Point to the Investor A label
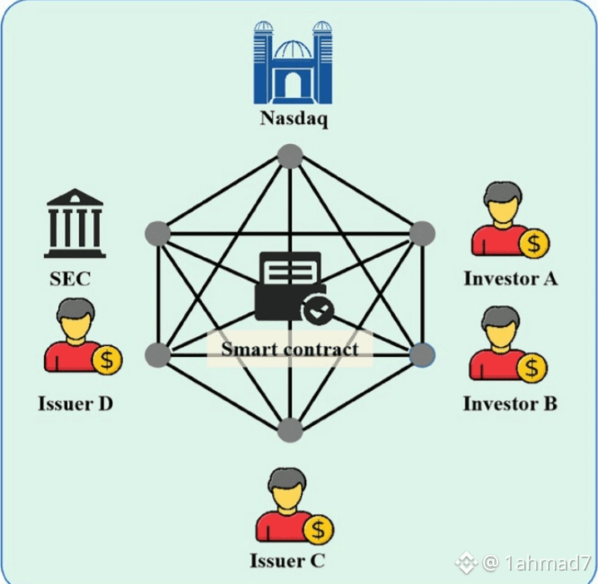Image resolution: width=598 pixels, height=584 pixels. (x=510, y=279)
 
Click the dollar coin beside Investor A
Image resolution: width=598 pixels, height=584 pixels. (x=533, y=243)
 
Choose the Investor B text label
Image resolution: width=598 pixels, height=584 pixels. (x=510, y=404)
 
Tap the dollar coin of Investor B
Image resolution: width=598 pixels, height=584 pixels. (x=532, y=366)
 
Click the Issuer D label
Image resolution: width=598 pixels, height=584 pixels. (x=76, y=404)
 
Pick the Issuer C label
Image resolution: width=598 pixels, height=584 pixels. (x=287, y=561)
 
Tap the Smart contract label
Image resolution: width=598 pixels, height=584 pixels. (x=289, y=349)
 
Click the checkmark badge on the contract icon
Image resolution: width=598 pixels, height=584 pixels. (x=317, y=312)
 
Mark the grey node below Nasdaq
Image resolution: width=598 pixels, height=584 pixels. (x=289, y=156)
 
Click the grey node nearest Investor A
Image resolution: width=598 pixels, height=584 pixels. (x=423, y=233)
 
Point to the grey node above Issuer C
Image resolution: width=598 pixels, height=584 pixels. (x=289, y=429)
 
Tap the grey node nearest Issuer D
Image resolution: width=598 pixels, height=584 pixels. (x=156, y=355)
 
